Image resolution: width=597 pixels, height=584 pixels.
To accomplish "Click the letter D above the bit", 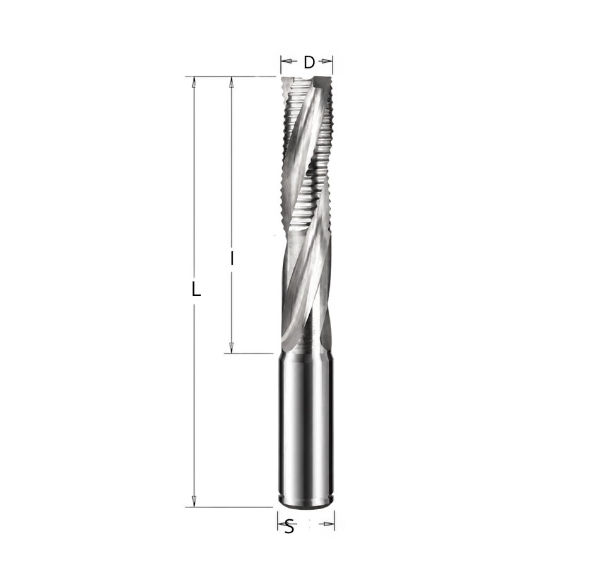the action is click(x=309, y=62).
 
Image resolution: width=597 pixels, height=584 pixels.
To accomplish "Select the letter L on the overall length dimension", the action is click(x=195, y=289).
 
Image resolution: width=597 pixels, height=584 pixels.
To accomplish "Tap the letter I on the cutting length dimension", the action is click(x=231, y=258).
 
